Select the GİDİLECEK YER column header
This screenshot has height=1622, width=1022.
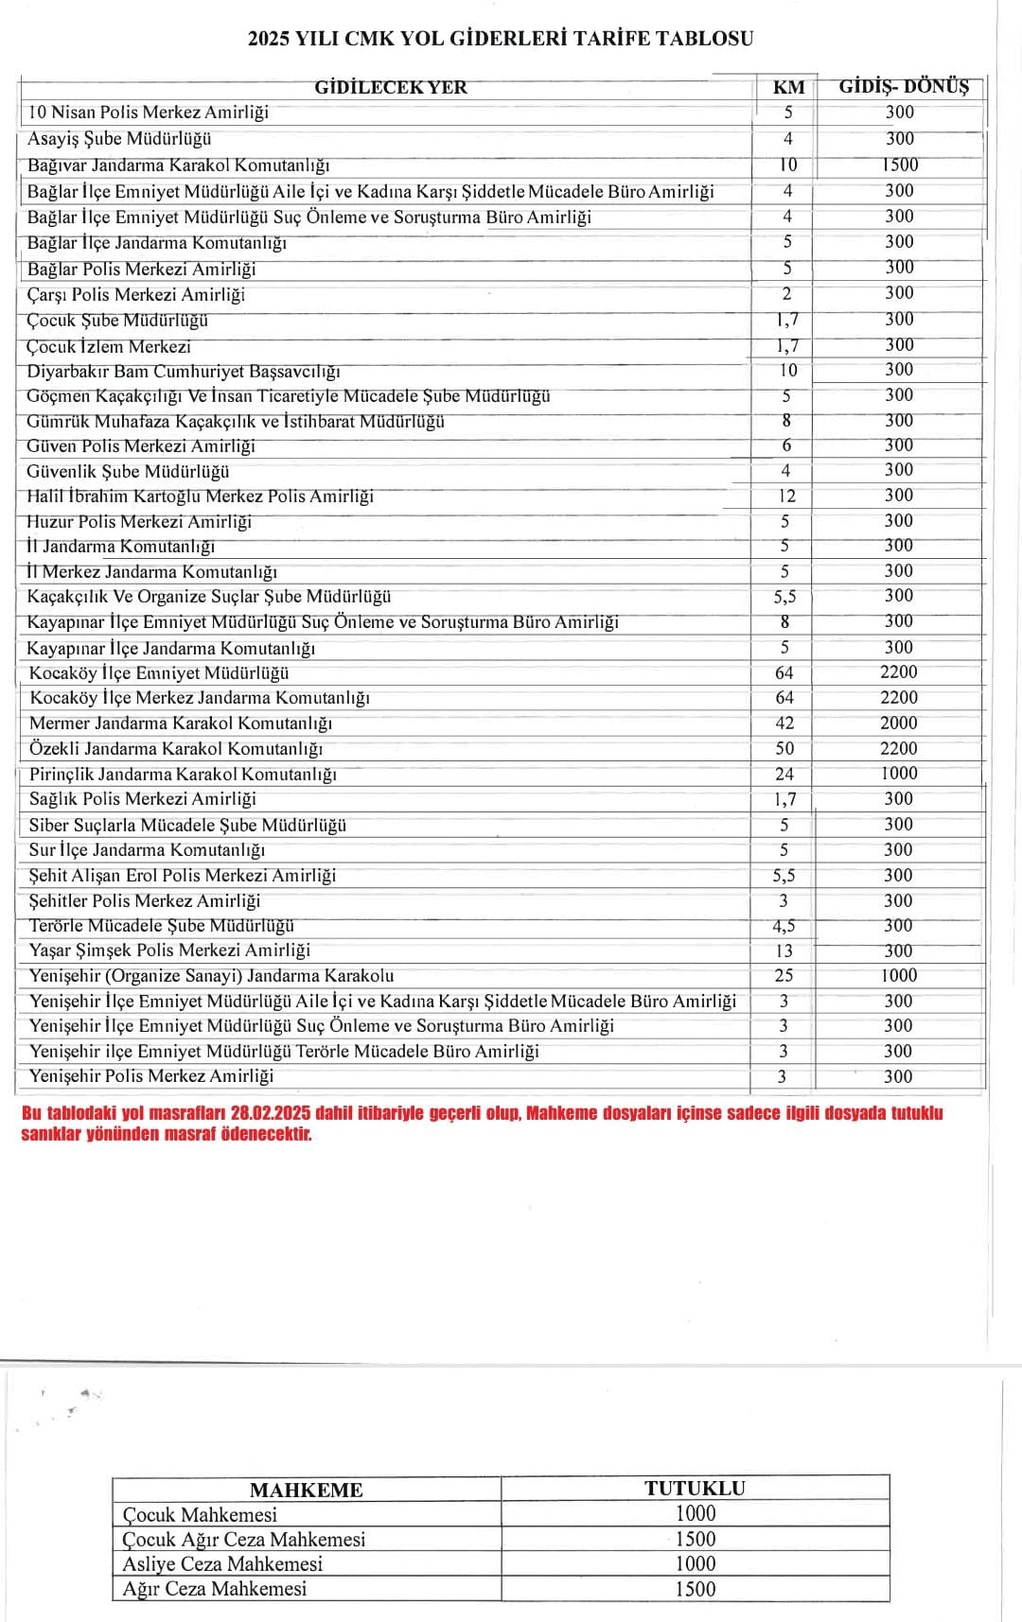[391, 88]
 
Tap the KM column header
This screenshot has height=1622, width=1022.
[788, 88]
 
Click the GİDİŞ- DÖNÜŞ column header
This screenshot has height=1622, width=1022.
[904, 87]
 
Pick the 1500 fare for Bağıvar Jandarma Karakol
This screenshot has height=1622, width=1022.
[900, 165]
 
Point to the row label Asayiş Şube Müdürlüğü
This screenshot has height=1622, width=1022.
[119, 139]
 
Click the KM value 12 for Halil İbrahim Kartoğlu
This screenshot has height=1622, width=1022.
[786, 496]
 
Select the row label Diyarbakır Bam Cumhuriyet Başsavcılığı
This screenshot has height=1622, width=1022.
[184, 371]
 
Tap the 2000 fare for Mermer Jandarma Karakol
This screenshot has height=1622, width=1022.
[898, 723]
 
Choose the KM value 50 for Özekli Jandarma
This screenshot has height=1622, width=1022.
[784, 748]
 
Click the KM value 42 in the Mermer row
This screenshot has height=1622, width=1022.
[784, 723]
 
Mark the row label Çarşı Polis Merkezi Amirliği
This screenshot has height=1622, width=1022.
[136, 294]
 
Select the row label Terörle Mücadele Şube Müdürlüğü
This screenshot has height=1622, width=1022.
[162, 925]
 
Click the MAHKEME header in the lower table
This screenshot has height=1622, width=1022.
[306, 1490]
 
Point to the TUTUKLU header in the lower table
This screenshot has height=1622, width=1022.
[695, 1488]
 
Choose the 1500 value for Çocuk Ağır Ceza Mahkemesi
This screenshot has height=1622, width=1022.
[695, 1539]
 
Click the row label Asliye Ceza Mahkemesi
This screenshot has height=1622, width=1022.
[222, 1563]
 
